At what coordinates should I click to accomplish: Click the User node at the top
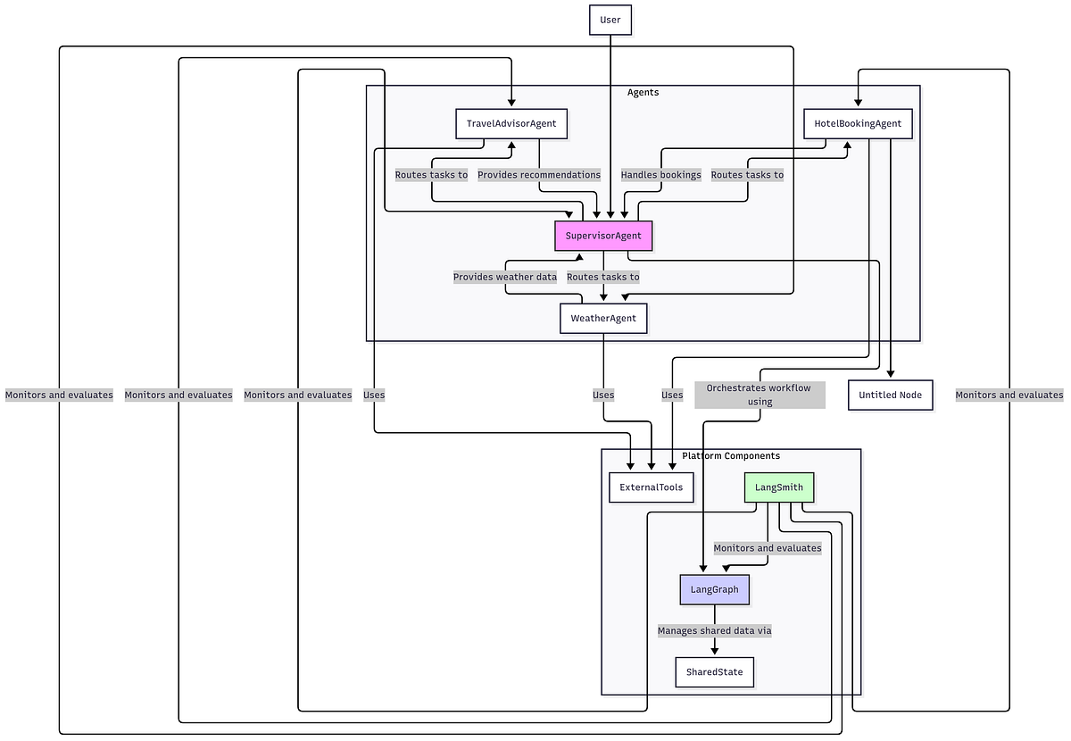[x=610, y=20]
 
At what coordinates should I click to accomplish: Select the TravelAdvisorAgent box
[x=511, y=123]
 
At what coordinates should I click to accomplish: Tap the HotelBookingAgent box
[x=858, y=123]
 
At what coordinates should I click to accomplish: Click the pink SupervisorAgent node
[x=603, y=236]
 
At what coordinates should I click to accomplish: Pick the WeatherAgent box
[x=603, y=318]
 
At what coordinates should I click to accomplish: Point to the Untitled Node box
[x=890, y=395]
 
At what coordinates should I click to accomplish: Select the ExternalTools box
[x=651, y=487]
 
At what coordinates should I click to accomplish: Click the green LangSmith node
[x=779, y=487]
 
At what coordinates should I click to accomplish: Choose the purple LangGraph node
[x=714, y=589]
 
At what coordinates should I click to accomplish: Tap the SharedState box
[x=714, y=671]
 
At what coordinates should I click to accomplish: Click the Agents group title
[x=643, y=92]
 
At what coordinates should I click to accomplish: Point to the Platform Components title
[x=731, y=455]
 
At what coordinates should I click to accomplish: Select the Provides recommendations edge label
[x=539, y=175]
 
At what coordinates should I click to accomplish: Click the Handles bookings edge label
[x=660, y=175]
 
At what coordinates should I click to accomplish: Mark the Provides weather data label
[x=504, y=277]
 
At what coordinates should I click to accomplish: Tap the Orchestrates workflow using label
[x=760, y=395]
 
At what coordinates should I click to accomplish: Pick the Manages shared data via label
[x=714, y=630]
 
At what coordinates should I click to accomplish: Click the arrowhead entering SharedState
[x=714, y=652]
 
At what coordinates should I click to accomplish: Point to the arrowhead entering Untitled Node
[x=890, y=375]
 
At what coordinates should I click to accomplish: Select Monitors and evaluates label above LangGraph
[x=768, y=548]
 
